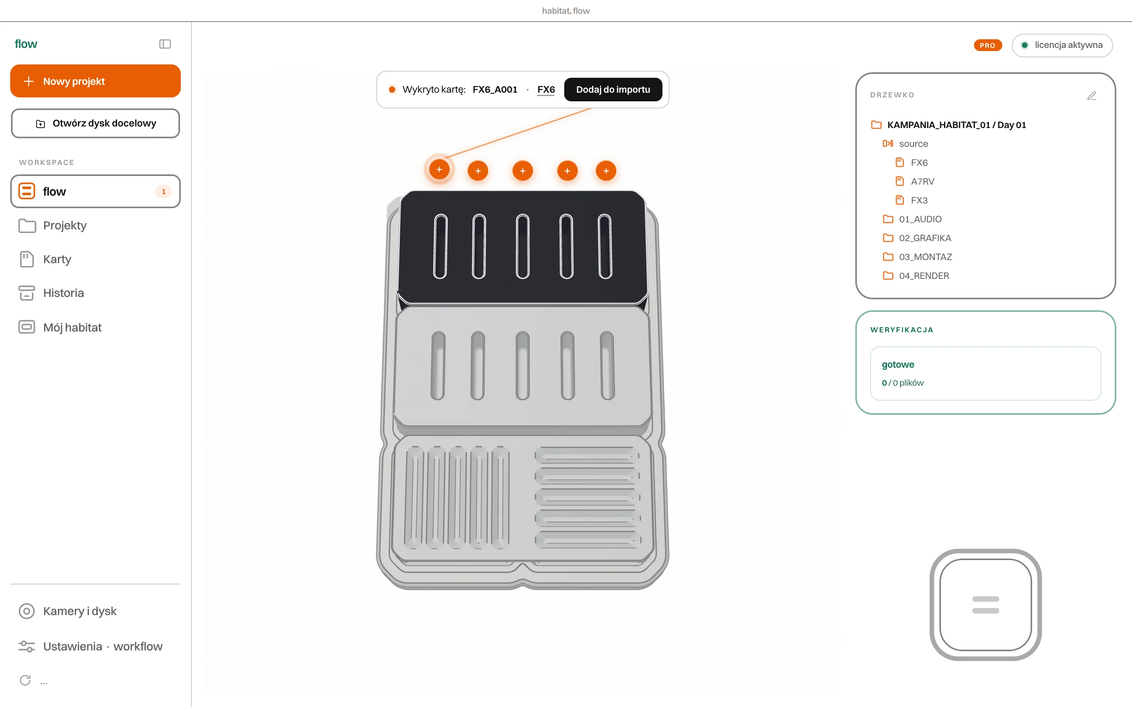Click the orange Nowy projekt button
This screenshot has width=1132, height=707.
[x=96, y=81]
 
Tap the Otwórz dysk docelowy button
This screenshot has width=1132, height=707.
[x=96, y=123]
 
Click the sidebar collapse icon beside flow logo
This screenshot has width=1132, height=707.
[x=165, y=44]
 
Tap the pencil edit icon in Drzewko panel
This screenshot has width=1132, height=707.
[x=1092, y=96]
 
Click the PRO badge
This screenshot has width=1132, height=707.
[x=987, y=45]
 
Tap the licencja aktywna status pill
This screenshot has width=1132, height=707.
[x=1062, y=45]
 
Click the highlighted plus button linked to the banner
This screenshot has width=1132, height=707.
[x=439, y=169]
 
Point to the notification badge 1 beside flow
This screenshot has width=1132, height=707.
[x=163, y=191]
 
